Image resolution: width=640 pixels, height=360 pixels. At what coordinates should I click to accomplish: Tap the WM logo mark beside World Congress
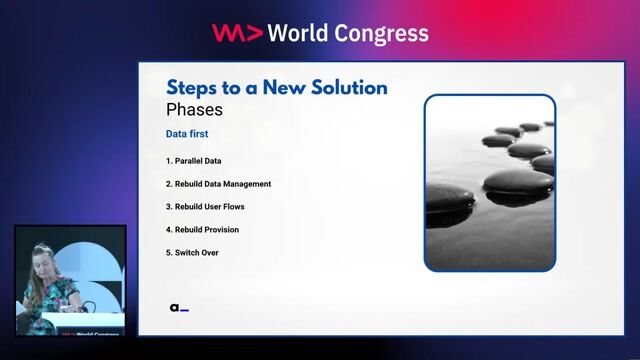coord(237,32)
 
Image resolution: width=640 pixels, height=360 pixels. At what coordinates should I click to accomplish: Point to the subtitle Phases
coord(194,108)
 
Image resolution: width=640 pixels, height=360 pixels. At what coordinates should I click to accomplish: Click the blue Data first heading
coord(187,133)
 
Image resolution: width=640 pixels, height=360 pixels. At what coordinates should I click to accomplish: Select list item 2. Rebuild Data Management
coord(218,184)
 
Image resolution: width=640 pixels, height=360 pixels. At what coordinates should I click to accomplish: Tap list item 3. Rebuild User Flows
coord(205,207)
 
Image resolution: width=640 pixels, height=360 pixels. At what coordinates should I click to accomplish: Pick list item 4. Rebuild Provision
coord(202,230)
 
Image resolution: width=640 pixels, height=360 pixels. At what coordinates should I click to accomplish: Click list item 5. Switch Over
coord(192,253)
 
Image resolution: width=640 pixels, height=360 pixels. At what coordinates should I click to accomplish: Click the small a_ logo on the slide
coord(179,308)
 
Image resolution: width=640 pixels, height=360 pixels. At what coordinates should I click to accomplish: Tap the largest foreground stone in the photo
coord(517,181)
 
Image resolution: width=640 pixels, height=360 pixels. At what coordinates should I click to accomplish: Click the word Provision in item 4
coord(222,230)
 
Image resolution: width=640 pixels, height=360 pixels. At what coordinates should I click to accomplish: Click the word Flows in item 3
coord(234,207)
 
